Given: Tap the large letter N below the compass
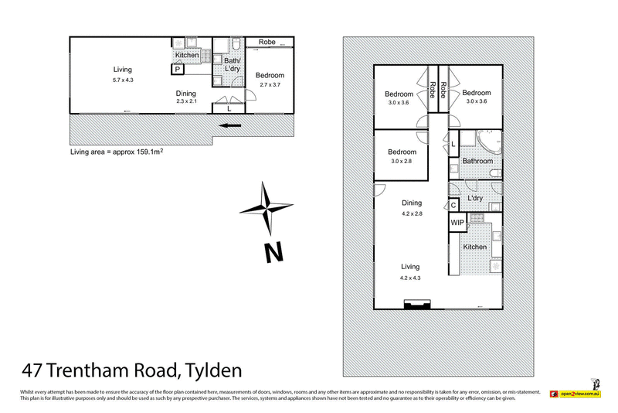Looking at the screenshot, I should pos(271,253).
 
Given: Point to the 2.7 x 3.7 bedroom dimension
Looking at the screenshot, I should pos(271,84).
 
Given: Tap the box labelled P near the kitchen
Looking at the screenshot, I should pos(177,70).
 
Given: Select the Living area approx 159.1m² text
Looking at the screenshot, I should pos(116,152).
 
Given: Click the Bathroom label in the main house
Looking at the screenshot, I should pos(477,161).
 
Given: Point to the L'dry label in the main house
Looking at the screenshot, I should pos(476,198).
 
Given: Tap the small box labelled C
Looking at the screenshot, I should pos(453,205).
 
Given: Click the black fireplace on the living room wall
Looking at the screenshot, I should pos(414,305).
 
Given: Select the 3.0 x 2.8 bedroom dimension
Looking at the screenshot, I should pos(402,161).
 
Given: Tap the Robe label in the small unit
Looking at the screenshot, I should pos(267,42).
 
